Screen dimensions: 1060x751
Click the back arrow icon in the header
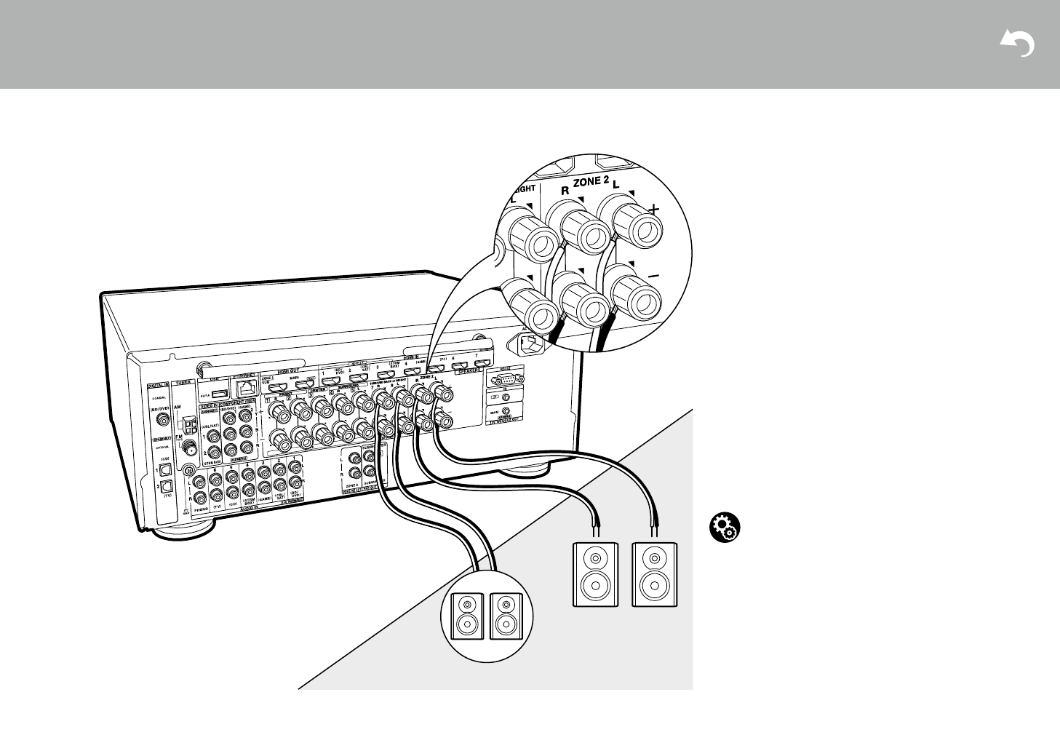coord(1017,44)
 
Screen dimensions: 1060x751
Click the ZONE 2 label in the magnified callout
coord(590,182)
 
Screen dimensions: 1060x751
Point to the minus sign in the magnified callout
coord(653,277)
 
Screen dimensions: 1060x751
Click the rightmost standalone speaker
coord(655,574)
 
